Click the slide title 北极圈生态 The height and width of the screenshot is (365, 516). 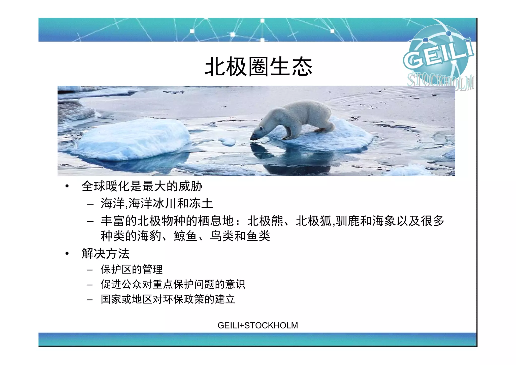(259, 67)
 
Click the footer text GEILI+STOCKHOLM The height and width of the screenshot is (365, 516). (257, 325)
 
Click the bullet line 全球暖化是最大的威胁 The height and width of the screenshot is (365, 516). (142, 186)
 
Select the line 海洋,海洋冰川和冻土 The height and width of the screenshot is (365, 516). (157, 203)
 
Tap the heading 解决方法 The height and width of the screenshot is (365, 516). (106, 253)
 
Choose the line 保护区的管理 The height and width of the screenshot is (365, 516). (132, 269)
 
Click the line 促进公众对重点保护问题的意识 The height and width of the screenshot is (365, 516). (173, 284)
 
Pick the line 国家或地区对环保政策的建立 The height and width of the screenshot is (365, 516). (168, 299)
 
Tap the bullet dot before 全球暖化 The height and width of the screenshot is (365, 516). (67, 186)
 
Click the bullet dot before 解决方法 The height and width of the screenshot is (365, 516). (67, 253)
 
